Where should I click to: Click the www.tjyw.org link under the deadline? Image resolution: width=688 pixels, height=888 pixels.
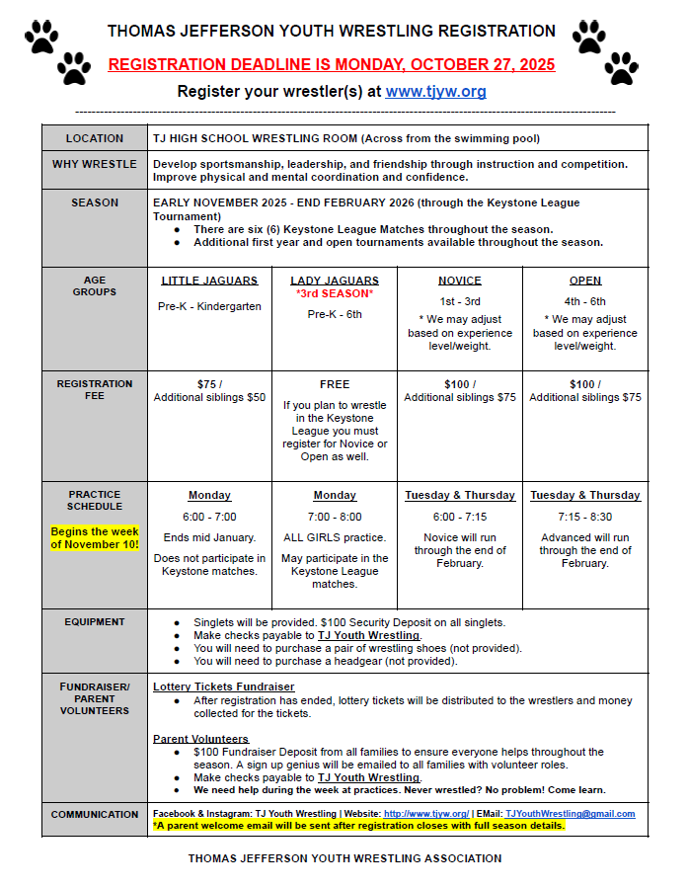[435, 92]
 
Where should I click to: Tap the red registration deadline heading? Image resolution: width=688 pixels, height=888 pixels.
[332, 65]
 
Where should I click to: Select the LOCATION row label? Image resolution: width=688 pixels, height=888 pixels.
[95, 138]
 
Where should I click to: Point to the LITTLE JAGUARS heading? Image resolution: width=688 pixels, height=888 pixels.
[209, 281]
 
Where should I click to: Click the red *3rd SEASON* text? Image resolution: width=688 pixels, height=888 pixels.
[334, 294]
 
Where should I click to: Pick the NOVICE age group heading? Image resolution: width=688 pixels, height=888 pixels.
[459, 281]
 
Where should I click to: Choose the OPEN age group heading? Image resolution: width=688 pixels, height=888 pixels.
[584, 281]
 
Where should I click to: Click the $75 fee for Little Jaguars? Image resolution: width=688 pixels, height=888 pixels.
[209, 383]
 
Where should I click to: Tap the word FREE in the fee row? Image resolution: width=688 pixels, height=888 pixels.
[335, 384]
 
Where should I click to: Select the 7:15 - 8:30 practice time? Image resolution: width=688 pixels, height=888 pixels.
[584, 517]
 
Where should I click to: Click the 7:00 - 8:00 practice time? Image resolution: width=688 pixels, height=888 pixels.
[335, 517]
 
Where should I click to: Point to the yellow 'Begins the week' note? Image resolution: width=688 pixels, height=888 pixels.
[95, 537]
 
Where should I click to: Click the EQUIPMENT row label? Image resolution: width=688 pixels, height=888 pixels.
[95, 622]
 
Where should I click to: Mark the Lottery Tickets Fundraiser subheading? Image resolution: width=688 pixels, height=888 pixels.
[223, 686]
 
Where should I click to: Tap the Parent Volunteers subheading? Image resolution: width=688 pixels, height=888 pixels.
[200, 739]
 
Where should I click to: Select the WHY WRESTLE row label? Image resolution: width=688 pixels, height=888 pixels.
[95, 164]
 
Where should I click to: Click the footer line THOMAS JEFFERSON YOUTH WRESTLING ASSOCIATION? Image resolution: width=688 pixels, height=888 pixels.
[344, 858]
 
